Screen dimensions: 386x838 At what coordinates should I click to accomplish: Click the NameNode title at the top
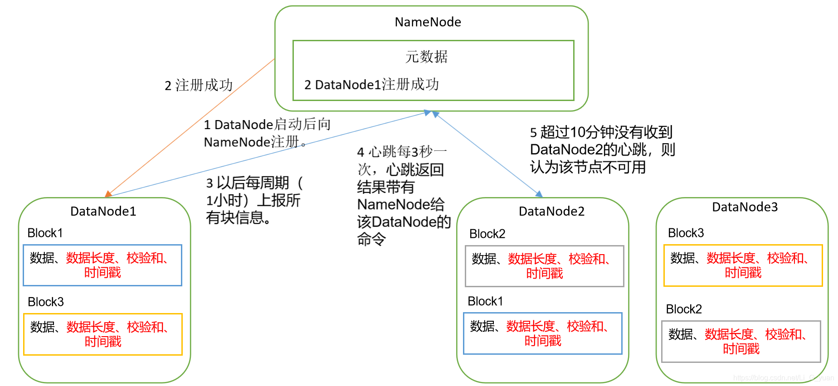point(428,22)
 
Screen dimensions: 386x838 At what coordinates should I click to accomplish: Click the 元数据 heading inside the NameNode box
point(426,57)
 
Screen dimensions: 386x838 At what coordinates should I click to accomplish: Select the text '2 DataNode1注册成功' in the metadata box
point(371,84)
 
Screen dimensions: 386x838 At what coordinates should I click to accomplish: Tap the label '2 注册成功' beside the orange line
point(198,85)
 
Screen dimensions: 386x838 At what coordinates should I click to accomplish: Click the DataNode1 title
point(103,211)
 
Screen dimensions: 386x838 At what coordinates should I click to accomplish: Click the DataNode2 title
point(551,211)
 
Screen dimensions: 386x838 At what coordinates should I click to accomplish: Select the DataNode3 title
point(745,207)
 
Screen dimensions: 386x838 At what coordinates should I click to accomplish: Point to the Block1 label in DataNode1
point(45,233)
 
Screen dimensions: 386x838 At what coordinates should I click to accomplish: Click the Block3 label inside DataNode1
point(45,302)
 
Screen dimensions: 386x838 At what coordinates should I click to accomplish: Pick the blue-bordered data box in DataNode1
point(102,265)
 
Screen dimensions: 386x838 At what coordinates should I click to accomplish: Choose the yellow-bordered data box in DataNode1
point(102,334)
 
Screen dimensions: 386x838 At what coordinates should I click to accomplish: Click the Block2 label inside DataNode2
point(487,234)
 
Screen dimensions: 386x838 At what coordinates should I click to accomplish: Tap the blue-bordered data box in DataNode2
point(542,333)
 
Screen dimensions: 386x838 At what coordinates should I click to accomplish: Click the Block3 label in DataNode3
point(686,233)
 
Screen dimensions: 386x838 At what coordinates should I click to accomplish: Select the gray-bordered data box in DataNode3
point(741,342)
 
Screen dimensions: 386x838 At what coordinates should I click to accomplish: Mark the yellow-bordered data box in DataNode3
point(743,265)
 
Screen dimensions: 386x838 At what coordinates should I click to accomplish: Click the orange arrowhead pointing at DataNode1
point(108,194)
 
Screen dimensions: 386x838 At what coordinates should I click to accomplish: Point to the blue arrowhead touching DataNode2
point(539,194)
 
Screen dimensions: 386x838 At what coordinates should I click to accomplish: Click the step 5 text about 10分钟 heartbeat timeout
point(602,150)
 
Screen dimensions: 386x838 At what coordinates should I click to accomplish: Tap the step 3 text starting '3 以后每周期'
point(254,200)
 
